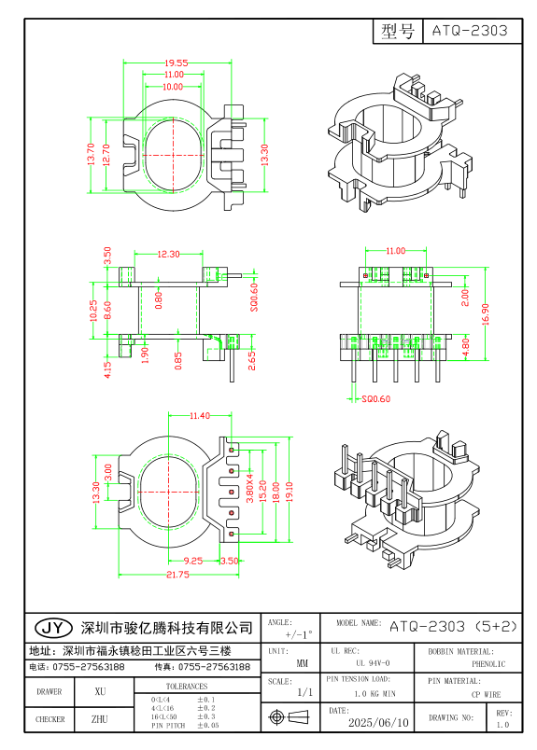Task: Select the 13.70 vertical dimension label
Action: pos(91,154)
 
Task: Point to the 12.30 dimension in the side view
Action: pos(168,254)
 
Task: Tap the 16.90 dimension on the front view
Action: pos(484,309)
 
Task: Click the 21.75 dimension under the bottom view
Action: pos(177,576)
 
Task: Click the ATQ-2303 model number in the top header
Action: pos(470,30)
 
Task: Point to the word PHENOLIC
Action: pos(488,664)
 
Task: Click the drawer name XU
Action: pos(101,692)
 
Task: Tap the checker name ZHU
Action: pos(101,720)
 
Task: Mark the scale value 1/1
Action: pos(304,693)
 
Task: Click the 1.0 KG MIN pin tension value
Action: pos(374,694)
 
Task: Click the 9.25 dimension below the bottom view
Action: pos(193,561)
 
